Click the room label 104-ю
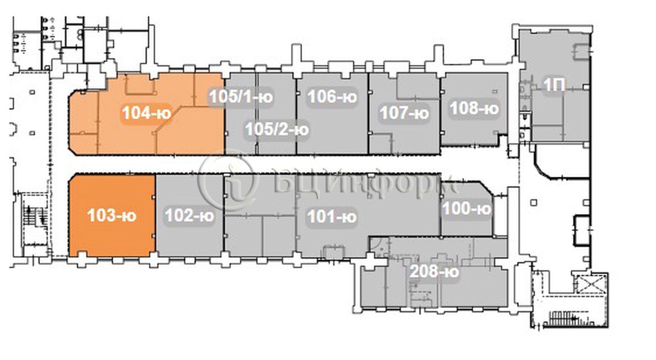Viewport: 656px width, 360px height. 146,113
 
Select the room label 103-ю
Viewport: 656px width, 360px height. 112,216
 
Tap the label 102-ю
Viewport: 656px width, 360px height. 189,216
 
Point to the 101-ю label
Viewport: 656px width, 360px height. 332,217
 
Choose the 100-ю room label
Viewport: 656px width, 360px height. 467,209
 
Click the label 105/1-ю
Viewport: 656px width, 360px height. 241,97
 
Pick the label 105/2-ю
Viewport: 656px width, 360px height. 277,129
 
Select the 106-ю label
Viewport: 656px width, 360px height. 332,97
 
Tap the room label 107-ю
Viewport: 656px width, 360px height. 404,113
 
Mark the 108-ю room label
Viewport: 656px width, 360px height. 474,108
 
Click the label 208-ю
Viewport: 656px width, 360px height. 434,271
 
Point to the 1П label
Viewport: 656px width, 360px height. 554,85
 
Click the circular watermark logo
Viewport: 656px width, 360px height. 228,182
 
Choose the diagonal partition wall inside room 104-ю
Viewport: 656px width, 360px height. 169,120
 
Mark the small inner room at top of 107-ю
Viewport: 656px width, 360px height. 418,87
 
